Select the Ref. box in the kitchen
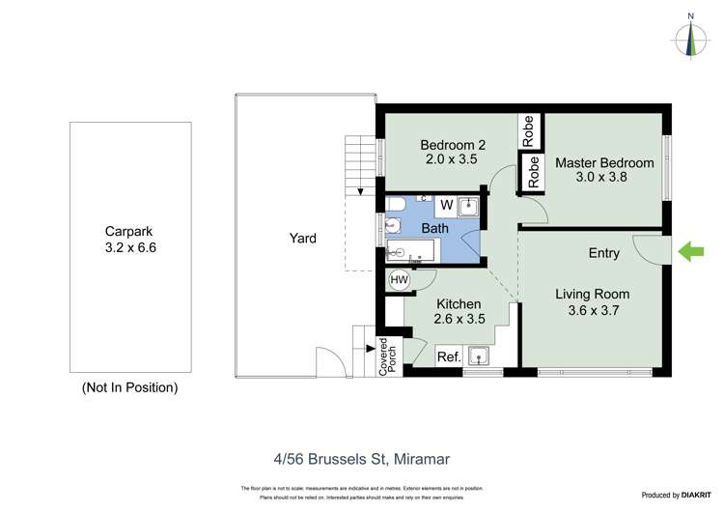click(448, 356)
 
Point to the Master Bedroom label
click(604, 162)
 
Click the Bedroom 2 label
click(452, 145)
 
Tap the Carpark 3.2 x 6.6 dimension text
click(129, 247)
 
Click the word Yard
click(302, 238)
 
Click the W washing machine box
click(446, 205)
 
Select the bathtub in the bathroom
click(412, 252)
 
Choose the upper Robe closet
click(528, 130)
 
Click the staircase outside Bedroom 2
click(358, 161)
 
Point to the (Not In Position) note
click(129, 387)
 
